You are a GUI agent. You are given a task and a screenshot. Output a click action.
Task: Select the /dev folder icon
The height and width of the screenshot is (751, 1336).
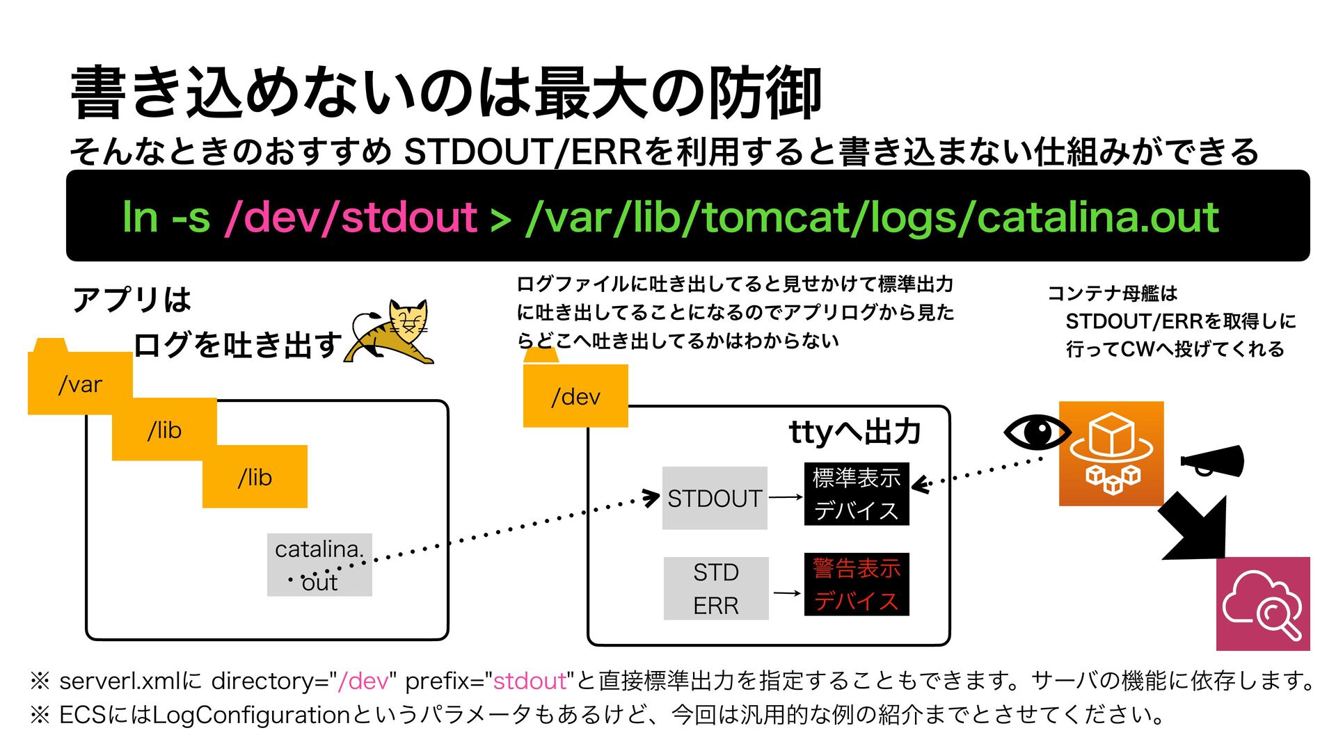click(x=575, y=395)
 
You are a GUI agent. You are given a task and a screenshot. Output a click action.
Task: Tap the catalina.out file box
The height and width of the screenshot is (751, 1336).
click(x=319, y=565)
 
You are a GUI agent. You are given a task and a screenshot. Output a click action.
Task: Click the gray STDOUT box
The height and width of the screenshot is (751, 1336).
click(x=715, y=498)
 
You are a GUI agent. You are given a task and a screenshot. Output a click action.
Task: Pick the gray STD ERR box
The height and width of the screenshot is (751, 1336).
click(x=716, y=588)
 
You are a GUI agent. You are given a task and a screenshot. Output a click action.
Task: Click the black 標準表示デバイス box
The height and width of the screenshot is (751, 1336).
click(x=857, y=494)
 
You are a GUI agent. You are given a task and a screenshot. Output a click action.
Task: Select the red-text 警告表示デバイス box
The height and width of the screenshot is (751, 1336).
click(x=857, y=584)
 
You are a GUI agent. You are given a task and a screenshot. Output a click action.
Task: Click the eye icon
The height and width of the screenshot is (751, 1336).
click(x=1036, y=432)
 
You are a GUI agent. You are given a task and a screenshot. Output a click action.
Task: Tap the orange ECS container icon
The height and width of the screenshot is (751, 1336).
click(x=1111, y=453)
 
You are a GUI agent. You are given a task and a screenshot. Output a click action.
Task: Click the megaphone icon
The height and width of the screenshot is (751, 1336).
click(x=1212, y=461)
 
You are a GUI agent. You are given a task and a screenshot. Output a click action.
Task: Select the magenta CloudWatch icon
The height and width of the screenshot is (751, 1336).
click(x=1263, y=604)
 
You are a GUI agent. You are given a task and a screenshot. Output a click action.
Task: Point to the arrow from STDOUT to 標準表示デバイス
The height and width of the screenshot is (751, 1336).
click(x=786, y=497)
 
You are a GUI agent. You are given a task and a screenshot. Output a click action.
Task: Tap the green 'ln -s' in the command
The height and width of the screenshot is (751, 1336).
click(x=166, y=217)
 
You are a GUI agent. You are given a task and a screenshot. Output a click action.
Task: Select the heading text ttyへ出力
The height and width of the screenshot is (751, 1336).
click(x=855, y=432)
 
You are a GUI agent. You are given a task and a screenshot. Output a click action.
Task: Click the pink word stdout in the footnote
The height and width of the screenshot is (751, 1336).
click(x=530, y=681)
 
